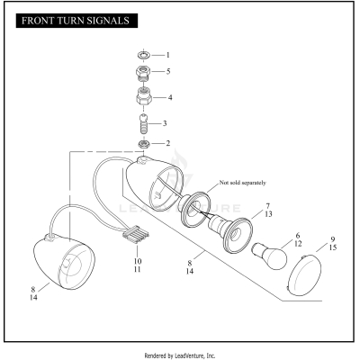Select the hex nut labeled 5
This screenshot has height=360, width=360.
[x=143, y=71]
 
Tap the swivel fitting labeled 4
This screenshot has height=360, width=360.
[x=143, y=96]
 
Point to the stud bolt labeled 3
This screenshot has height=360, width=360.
[x=143, y=122]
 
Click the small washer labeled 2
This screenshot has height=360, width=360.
[x=143, y=143]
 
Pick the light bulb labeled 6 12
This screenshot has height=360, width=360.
[x=270, y=255]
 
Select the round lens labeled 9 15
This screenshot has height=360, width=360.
[x=311, y=271]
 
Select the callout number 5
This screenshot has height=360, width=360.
[x=166, y=70]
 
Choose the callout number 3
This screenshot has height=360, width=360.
[x=166, y=122]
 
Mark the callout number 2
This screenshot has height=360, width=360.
[x=166, y=143]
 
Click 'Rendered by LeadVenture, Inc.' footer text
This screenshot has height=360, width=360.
[x=180, y=354]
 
